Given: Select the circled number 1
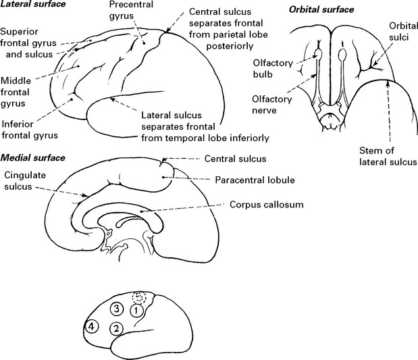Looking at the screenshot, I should [x=136, y=311].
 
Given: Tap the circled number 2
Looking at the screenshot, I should [x=116, y=328].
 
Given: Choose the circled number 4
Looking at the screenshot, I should [x=92, y=328].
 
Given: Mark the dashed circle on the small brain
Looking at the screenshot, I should [x=138, y=297].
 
